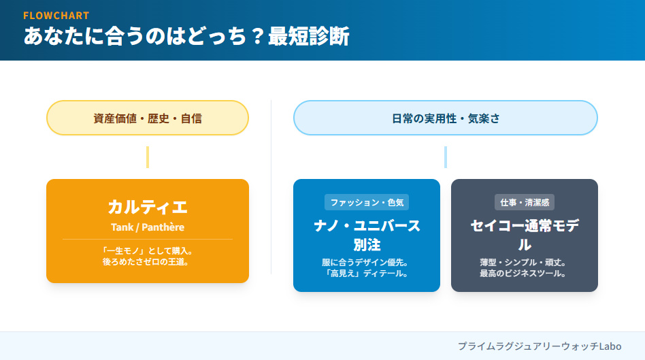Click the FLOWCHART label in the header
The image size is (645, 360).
(x=56, y=15)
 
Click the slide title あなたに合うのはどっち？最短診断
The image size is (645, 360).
(x=186, y=37)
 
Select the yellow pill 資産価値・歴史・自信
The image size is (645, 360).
(x=148, y=118)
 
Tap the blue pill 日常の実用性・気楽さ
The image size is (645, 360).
(x=445, y=118)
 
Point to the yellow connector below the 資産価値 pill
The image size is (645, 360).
(x=148, y=157)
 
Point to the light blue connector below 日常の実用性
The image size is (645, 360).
(x=446, y=157)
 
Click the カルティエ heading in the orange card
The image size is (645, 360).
(x=148, y=207)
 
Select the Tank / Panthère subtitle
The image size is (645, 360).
(x=148, y=227)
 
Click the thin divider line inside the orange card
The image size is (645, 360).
(x=148, y=240)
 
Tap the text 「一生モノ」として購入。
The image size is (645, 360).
(x=148, y=250)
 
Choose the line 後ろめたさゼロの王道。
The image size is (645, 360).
(x=148, y=261)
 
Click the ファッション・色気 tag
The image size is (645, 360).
(x=367, y=202)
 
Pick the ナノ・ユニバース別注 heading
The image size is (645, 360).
(x=367, y=235)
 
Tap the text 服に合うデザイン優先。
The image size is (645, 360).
(x=367, y=262)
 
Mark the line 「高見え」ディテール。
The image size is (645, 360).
(x=367, y=274)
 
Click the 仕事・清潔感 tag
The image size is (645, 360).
(x=524, y=202)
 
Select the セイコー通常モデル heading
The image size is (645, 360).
(x=524, y=235)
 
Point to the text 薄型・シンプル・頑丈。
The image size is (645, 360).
(x=524, y=262)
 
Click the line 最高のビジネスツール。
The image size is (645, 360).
(x=524, y=274)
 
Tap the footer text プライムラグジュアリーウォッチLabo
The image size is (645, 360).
(x=540, y=346)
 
